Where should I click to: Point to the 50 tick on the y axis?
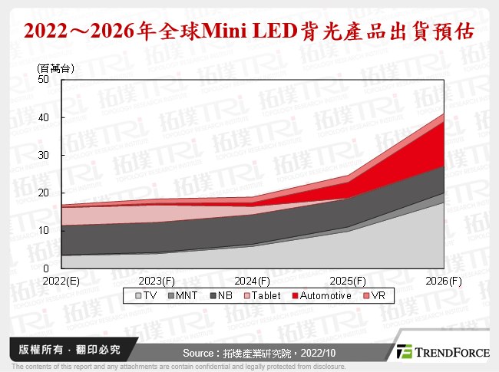coord(43,80)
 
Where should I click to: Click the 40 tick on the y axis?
coord(43,117)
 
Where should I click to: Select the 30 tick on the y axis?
coord(43,155)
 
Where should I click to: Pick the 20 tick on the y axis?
coord(43,193)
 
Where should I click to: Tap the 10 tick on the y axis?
coord(43,230)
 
